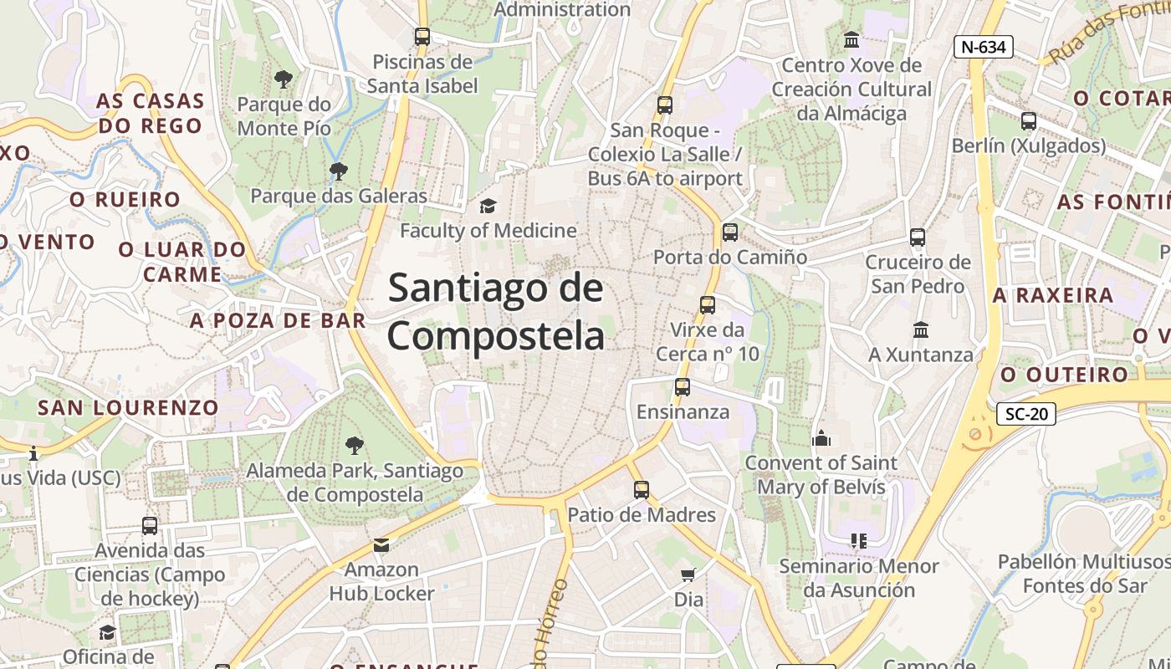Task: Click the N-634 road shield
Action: (x=983, y=47)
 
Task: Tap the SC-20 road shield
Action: (x=1026, y=413)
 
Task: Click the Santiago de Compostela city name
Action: (x=495, y=311)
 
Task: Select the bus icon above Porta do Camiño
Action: (x=730, y=232)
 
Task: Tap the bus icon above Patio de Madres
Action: (x=641, y=489)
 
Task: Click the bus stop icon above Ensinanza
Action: (x=683, y=387)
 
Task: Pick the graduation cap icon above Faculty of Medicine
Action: (x=487, y=206)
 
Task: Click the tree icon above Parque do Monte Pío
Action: (x=284, y=79)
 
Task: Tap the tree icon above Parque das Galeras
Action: (x=339, y=171)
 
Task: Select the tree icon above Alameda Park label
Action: (x=355, y=445)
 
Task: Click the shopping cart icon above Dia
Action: (x=688, y=575)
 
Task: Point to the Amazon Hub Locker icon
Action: (x=381, y=545)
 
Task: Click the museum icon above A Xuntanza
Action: (x=921, y=329)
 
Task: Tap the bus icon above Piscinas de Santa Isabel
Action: (x=422, y=37)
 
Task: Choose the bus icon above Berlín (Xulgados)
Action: (x=1029, y=121)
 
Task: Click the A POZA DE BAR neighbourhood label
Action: (x=278, y=320)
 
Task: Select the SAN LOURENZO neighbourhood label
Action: (x=128, y=408)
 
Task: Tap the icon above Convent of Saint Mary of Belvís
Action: (x=821, y=437)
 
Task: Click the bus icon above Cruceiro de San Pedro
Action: (x=918, y=237)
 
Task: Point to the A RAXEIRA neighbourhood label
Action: (x=1053, y=295)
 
